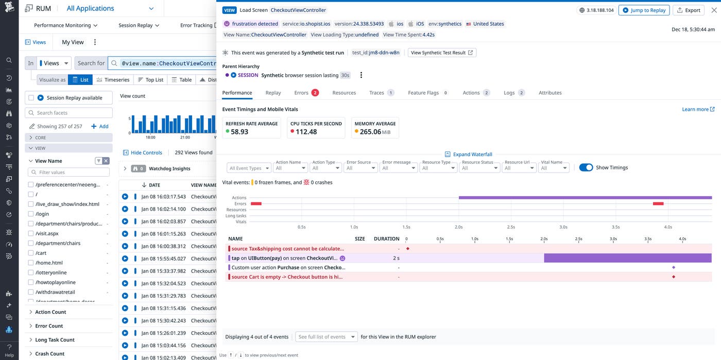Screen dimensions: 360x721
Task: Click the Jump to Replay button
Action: coord(644,10)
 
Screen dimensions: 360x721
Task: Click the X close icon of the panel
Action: coord(713,10)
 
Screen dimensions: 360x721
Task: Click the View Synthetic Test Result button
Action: coord(441,53)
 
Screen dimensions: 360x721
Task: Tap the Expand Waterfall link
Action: coord(469,154)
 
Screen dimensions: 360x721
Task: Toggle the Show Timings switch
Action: coord(586,167)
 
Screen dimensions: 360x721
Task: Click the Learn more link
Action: coord(698,109)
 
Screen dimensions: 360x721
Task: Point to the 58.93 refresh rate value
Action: coord(239,132)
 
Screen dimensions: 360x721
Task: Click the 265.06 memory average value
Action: coord(370,132)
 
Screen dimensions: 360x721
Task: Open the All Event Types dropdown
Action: coord(249,168)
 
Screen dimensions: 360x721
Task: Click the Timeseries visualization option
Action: coord(113,80)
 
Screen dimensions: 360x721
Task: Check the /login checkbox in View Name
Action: coord(31,214)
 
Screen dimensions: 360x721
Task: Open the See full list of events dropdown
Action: coord(327,337)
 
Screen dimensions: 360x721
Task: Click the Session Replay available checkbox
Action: coord(31,98)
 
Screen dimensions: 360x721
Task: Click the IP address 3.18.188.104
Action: coord(596,10)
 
